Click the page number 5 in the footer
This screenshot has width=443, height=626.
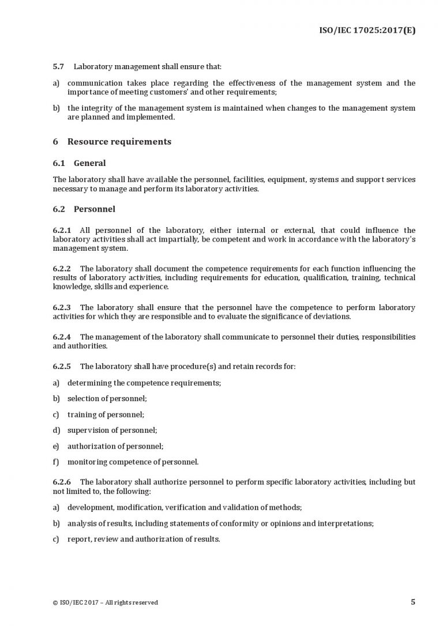412,602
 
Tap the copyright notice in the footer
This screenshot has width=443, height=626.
105,602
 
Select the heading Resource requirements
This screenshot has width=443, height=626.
119,142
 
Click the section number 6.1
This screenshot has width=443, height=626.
60,163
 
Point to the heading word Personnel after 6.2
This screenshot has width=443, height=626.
95,209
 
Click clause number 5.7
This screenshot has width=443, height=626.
59,67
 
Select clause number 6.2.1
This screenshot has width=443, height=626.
62,231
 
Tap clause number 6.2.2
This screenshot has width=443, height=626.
62,269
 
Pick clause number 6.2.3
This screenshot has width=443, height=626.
62,307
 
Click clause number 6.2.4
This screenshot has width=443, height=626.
62,337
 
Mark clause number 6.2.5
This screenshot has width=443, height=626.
62,366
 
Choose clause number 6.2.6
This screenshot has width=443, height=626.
62,481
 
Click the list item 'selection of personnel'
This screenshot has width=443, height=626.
107,398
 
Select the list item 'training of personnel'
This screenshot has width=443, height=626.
106,414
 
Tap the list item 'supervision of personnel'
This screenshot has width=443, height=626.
112,430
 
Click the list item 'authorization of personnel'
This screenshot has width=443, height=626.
115,446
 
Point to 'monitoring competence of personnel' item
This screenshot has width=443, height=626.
133,461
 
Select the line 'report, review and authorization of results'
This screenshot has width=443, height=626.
144,539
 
